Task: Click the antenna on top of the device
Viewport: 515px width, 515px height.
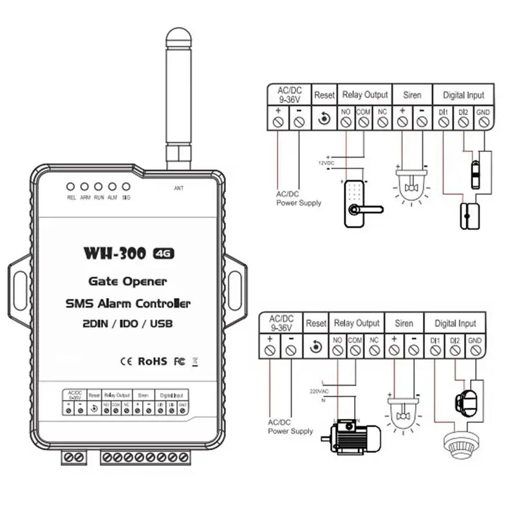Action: (x=176, y=97)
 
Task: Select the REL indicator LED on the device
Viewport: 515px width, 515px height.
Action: (x=71, y=187)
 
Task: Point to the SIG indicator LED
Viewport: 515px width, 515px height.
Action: (x=126, y=187)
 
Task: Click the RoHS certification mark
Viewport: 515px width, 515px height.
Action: (x=153, y=361)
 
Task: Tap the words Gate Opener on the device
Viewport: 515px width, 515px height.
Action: (x=127, y=281)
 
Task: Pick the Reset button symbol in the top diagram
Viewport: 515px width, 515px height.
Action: (x=324, y=118)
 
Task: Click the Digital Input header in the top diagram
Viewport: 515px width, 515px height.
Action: (x=463, y=95)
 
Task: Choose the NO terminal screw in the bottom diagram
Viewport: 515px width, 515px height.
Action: (x=337, y=350)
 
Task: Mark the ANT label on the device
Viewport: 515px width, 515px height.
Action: (x=179, y=188)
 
